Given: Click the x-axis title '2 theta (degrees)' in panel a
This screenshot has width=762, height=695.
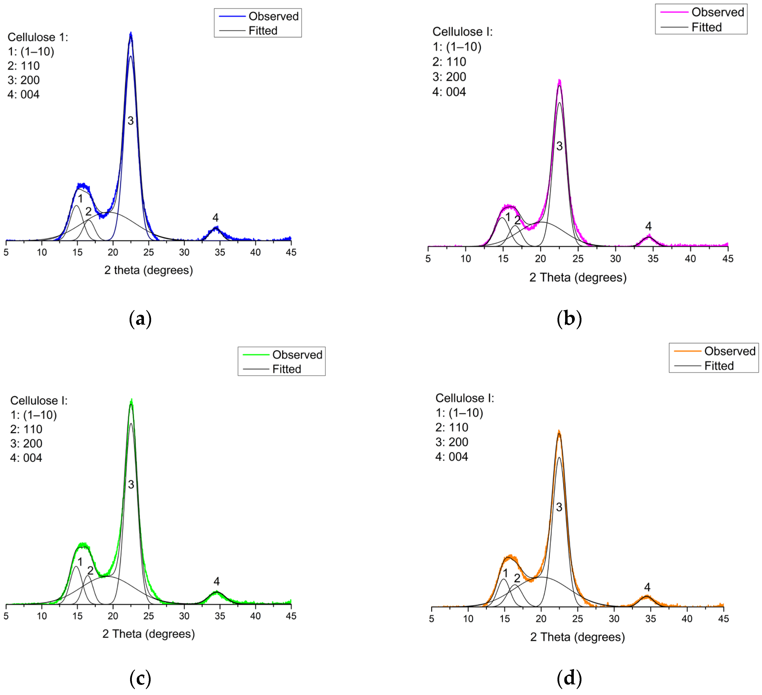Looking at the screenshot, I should (x=149, y=270).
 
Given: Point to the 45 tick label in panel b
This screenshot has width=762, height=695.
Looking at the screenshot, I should (x=728, y=259).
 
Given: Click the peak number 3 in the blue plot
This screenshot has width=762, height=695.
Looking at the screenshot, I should (x=130, y=121).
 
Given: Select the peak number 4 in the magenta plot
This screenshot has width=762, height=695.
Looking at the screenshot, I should (x=648, y=226).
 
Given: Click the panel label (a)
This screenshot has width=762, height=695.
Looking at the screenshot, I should (x=140, y=319).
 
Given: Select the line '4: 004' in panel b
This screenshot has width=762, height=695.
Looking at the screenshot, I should (x=449, y=92).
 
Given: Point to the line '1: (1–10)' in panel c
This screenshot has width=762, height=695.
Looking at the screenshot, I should (x=34, y=415).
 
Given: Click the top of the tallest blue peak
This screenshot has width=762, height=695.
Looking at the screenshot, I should (x=131, y=33).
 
